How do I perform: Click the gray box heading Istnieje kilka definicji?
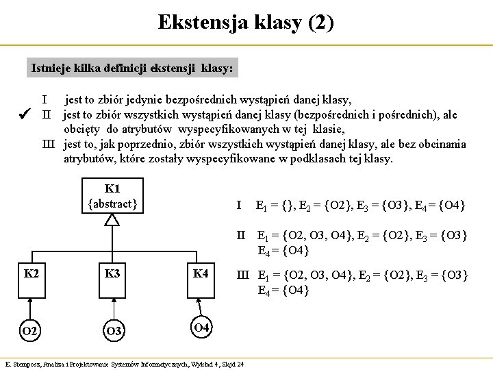(132, 69)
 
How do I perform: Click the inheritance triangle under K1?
(112, 219)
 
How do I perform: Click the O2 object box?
(31, 332)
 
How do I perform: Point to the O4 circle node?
(201, 327)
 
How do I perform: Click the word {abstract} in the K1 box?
(113, 203)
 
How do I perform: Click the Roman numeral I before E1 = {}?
(238, 205)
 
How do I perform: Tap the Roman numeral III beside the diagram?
(242, 275)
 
